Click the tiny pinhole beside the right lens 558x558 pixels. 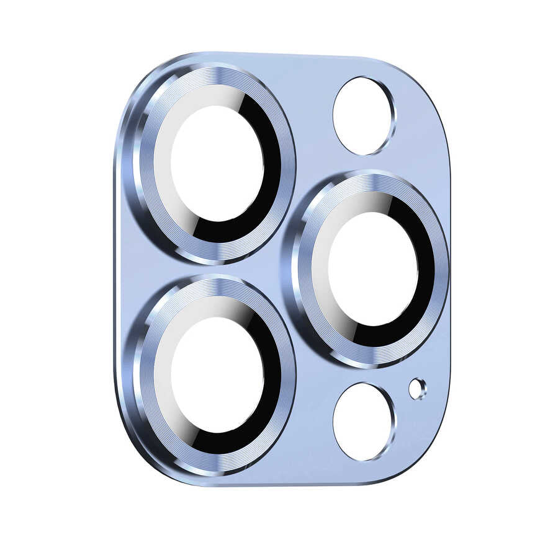click(417, 389)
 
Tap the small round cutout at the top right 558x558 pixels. click(363, 116)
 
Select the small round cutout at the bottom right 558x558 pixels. click(363, 422)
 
